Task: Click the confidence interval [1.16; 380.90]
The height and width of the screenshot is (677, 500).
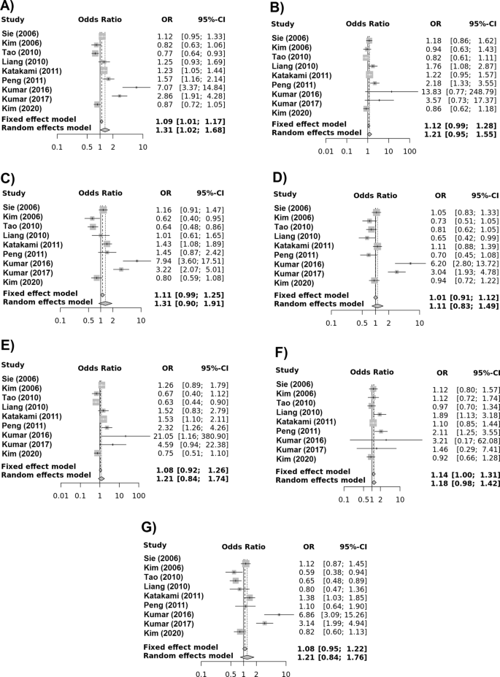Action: point(207,414)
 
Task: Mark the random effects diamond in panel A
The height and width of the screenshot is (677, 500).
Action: point(104,130)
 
